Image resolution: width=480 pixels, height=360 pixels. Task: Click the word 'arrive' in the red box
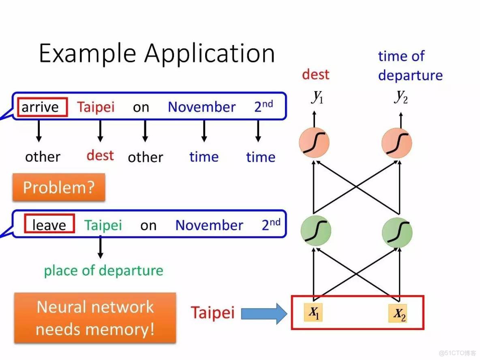(40, 107)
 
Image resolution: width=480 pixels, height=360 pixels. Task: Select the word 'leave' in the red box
(49, 225)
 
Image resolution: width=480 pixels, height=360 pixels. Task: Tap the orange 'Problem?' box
(59, 187)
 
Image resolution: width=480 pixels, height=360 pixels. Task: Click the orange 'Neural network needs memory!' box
(95, 318)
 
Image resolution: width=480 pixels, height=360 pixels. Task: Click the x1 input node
(314, 312)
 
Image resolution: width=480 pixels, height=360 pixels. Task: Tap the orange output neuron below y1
(314, 143)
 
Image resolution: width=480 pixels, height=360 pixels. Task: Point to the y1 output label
(317, 97)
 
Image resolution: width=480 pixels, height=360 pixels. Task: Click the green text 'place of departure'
(103, 270)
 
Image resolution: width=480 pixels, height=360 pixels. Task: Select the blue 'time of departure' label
(410, 66)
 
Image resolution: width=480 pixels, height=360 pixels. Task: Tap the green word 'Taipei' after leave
(103, 225)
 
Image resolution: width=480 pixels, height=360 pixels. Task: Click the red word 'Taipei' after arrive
(96, 107)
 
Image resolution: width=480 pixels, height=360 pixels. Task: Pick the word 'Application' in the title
(210, 54)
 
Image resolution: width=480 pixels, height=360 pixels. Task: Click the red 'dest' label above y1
(315, 75)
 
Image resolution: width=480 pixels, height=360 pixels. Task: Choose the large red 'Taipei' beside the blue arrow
(212, 313)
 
